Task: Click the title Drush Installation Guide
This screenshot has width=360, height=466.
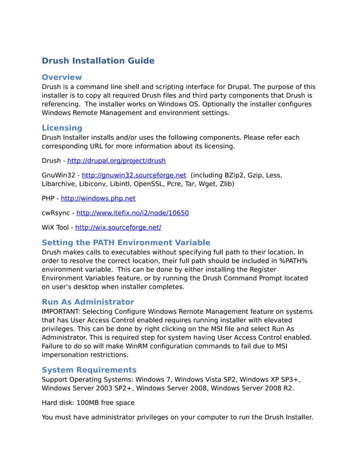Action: click(x=98, y=61)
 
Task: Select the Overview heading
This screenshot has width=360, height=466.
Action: click(x=62, y=77)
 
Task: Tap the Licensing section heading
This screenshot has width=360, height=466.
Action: click(x=62, y=128)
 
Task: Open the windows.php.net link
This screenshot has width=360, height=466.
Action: click(x=98, y=198)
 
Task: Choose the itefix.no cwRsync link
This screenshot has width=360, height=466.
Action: click(x=132, y=213)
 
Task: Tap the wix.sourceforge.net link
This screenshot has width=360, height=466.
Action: click(x=118, y=227)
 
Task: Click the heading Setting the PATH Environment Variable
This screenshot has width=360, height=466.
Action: click(x=126, y=243)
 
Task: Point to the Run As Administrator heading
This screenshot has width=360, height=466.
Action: click(x=88, y=302)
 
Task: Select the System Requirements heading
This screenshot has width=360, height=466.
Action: click(x=89, y=370)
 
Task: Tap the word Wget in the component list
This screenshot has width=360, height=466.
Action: click(x=209, y=184)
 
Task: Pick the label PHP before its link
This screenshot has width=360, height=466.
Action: click(x=49, y=198)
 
